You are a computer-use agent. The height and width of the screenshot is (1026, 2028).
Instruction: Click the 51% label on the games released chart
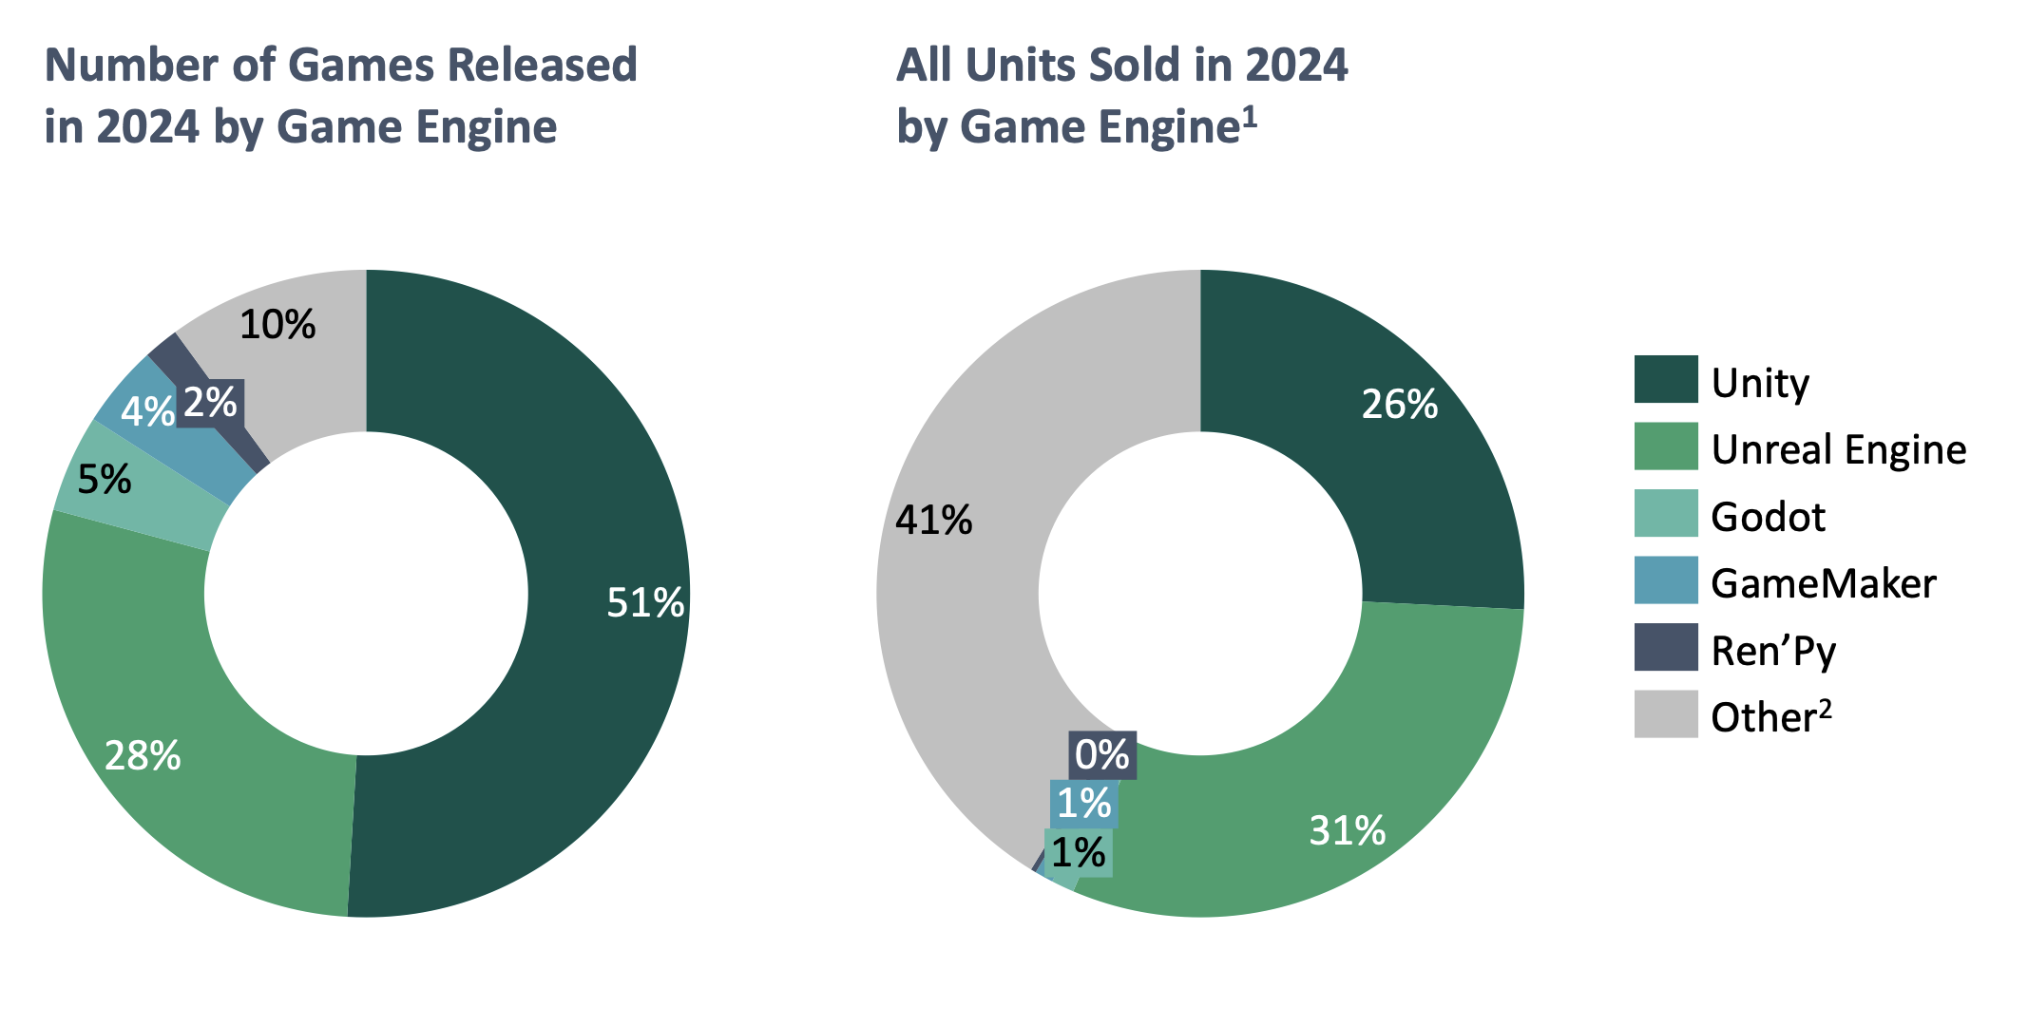(x=645, y=603)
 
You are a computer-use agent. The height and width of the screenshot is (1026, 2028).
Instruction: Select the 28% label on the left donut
(x=143, y=756)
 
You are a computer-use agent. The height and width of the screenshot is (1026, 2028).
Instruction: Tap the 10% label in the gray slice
(x=277, y=325)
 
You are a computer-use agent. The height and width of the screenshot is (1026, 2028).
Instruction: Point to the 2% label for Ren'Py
(x=210, y=403)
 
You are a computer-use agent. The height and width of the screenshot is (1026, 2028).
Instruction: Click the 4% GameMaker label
(x=147, y=411)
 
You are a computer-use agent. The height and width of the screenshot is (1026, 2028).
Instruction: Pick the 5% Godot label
(x=104, y=480)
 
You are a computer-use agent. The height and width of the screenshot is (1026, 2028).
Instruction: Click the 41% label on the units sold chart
(x=934, y=521)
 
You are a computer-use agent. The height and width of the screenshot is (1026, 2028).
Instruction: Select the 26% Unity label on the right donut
(x=1399, y=405)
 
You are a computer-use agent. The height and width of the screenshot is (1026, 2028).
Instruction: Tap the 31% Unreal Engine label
(x=1347, y=831)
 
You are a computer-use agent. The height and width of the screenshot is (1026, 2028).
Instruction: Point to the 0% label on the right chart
(x=1101, y=755)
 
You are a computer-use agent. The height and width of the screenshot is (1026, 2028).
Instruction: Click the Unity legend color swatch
(x=1665, y=380)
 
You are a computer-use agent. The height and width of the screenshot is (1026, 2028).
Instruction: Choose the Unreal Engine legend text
(x=1838, y=449)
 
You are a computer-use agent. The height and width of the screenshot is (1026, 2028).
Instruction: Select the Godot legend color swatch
(x=1665, y=514)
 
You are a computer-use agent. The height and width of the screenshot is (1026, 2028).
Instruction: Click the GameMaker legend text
(x=1823, y=583)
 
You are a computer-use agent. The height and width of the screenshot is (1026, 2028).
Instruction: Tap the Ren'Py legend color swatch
(x=1665, y=648)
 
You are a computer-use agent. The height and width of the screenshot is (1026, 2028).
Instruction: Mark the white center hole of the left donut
(x=366, y=594)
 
